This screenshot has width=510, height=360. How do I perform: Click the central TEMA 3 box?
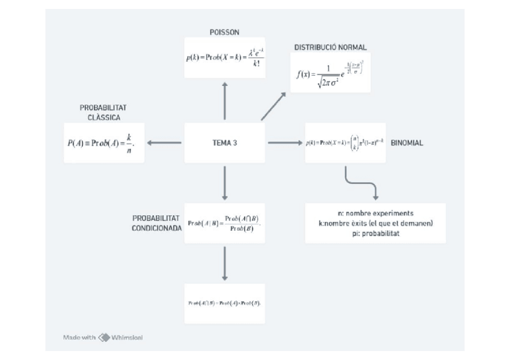click(x=224, y=143)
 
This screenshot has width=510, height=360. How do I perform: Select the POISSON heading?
click(x=224, y=32)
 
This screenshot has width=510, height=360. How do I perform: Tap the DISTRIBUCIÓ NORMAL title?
click(x=330, y=47)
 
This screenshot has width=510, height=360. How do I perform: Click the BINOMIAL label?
click(x=407, y=144)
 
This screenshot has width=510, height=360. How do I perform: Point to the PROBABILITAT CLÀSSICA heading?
click(x=103, y=112)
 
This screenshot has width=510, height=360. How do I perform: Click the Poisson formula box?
click(x=224, y=57)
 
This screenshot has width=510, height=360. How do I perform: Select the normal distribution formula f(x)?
click(x=330, y=72)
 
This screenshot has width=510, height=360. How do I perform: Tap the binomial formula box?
click(x=345, y=143)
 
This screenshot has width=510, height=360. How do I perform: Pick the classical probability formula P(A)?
click(x=103, y=143)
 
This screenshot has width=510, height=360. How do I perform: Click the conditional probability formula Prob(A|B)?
click(x=224, y=223)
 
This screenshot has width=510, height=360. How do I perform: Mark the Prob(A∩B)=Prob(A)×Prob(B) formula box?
click(x=224, y=303)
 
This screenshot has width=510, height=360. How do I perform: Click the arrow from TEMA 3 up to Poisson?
click(x=224, y=101)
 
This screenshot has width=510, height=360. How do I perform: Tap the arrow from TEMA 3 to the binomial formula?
click(x=284, y=143)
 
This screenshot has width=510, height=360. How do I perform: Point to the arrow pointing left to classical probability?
click(x=164, y=143)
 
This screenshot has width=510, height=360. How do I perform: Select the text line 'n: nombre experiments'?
click(x=375, y=213)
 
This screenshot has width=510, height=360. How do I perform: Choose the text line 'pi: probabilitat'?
click(x=375, y=233)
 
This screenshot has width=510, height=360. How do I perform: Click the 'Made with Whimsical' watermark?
click(x=103, y=337)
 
